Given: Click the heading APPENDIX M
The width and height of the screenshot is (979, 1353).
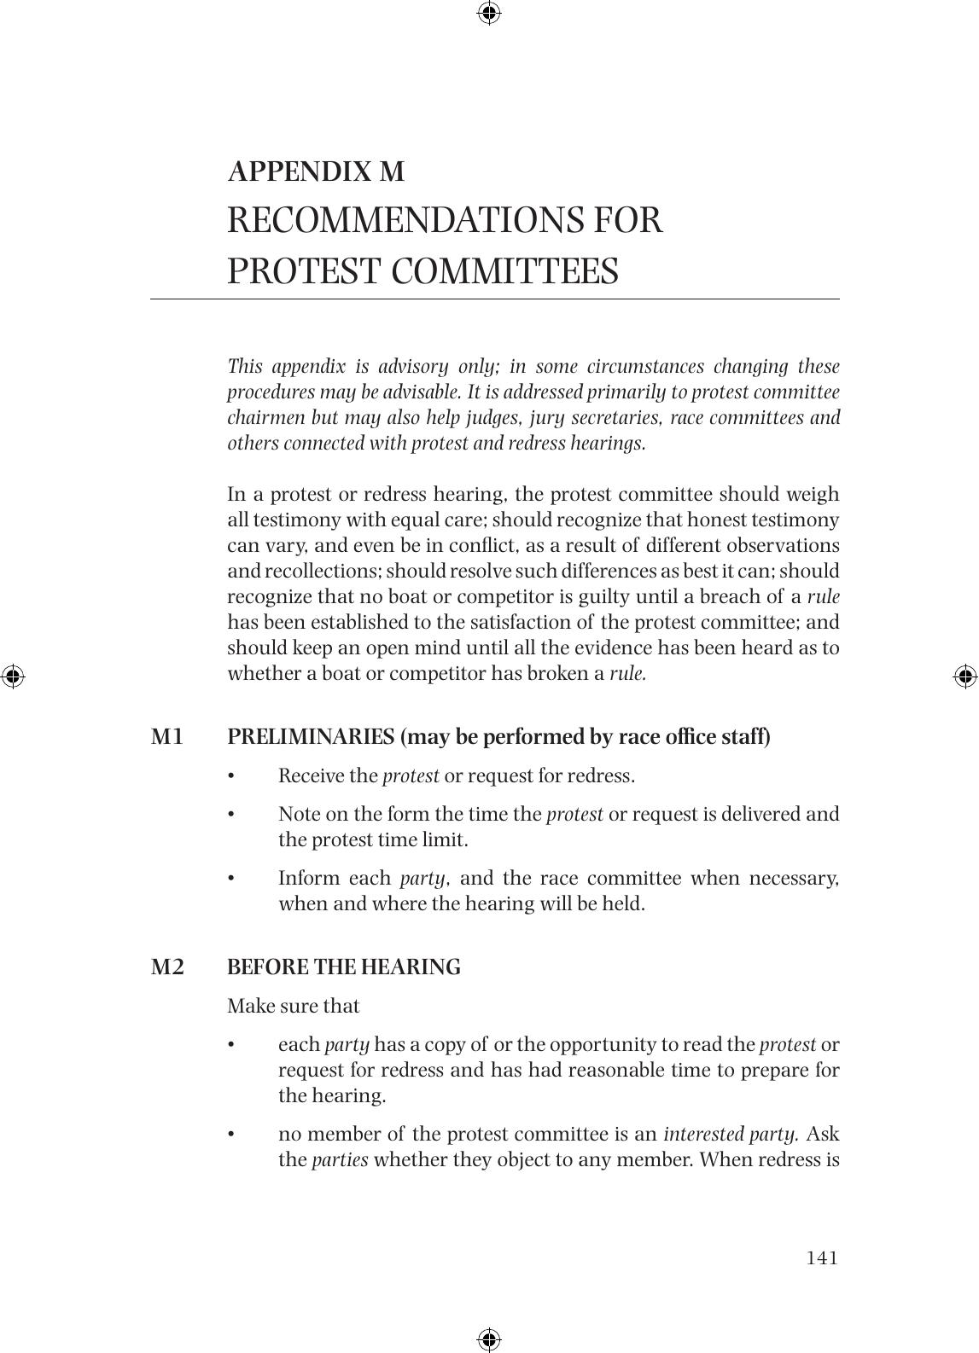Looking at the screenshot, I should click(316, 171).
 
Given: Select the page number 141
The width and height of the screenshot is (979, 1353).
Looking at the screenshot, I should click(822, 1257).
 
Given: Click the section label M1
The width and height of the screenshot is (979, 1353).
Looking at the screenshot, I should click(167, 736).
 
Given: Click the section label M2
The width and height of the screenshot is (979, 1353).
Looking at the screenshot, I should click(167, 967).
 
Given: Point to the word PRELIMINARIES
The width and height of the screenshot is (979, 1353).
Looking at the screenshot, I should click(311, 736).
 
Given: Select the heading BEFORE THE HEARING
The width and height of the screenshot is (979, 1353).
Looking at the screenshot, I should click(343, 967).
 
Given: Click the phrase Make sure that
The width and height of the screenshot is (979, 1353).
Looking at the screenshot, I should click(293, 1006).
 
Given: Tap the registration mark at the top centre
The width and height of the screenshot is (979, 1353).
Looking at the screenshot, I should click(489, 13).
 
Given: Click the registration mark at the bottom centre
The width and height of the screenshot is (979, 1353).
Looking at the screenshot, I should click(489, 1338).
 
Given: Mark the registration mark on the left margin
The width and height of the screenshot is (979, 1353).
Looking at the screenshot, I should click(12, 676).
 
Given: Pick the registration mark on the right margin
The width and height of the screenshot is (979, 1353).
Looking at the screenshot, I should click(964, 676).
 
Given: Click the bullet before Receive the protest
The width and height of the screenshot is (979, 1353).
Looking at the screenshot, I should click(230, 776).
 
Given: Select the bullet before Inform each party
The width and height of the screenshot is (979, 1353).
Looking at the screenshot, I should click(230, 879).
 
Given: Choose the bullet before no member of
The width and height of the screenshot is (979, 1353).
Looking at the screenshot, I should click(230, 1135).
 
